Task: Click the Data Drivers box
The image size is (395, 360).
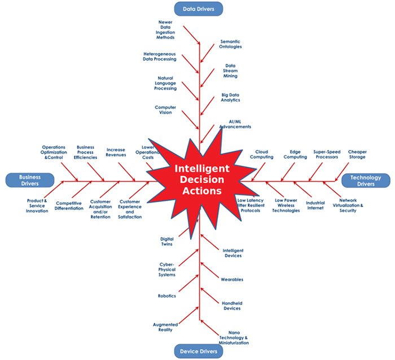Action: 199,8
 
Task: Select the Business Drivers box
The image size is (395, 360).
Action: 30,181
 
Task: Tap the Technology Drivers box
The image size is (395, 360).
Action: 365,181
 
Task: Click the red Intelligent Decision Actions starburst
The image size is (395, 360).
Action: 201,179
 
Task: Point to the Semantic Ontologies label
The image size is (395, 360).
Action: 230,44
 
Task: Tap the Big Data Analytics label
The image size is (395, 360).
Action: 230,97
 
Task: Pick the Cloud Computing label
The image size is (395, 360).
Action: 262,154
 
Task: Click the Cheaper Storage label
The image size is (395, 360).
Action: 357,154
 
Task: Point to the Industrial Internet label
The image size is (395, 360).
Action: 315,205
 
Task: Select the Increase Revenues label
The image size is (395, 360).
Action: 116,152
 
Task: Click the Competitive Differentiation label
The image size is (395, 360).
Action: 69,205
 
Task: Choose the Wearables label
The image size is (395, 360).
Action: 232,279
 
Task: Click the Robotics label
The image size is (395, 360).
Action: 167,296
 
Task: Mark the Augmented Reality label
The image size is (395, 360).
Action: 165,327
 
